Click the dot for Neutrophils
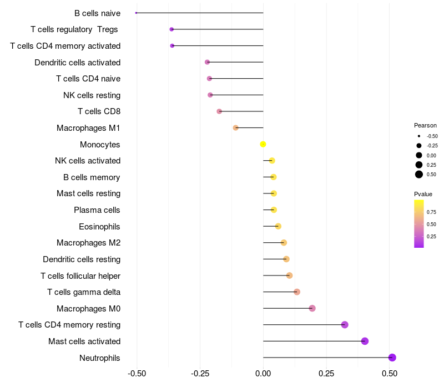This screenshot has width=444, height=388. pos(392,358)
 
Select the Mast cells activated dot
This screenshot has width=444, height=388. pos(365,341)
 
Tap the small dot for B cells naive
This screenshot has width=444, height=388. pos(136,13)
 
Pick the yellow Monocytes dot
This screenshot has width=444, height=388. pos(263,145)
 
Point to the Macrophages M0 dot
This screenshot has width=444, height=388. pos(312,308)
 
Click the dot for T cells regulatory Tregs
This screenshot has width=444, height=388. pos(171,29)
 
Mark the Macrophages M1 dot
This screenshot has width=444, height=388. pos(235,128)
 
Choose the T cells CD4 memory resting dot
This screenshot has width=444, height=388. pos(345,325)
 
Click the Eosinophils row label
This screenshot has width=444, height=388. pos(99,226)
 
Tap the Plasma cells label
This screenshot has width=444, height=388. pos(97,210)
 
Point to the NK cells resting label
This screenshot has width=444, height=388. pos(92,95)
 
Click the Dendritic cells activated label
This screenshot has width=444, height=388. pos(78,63)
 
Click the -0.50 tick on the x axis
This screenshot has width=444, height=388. pos(137,374)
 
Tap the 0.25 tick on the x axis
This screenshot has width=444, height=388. pos(326,374)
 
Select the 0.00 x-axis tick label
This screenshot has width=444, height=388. pos(263,374)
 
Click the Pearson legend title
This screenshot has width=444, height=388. pos(425,125)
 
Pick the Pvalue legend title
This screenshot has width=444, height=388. pos(423,194)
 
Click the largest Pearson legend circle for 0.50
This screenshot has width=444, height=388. pos(418,175)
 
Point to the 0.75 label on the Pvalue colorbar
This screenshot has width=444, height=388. pos(431,212)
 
